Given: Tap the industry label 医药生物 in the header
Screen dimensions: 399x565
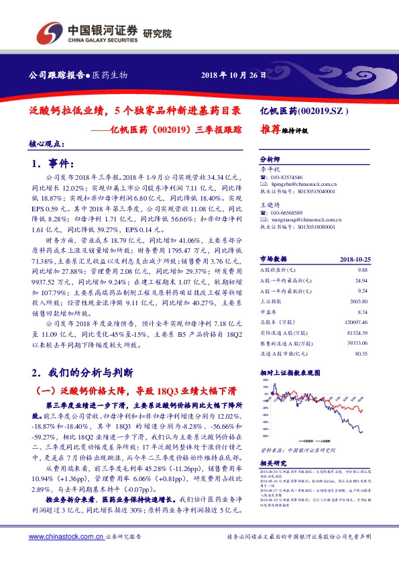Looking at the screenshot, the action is (x=109, y=75).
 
